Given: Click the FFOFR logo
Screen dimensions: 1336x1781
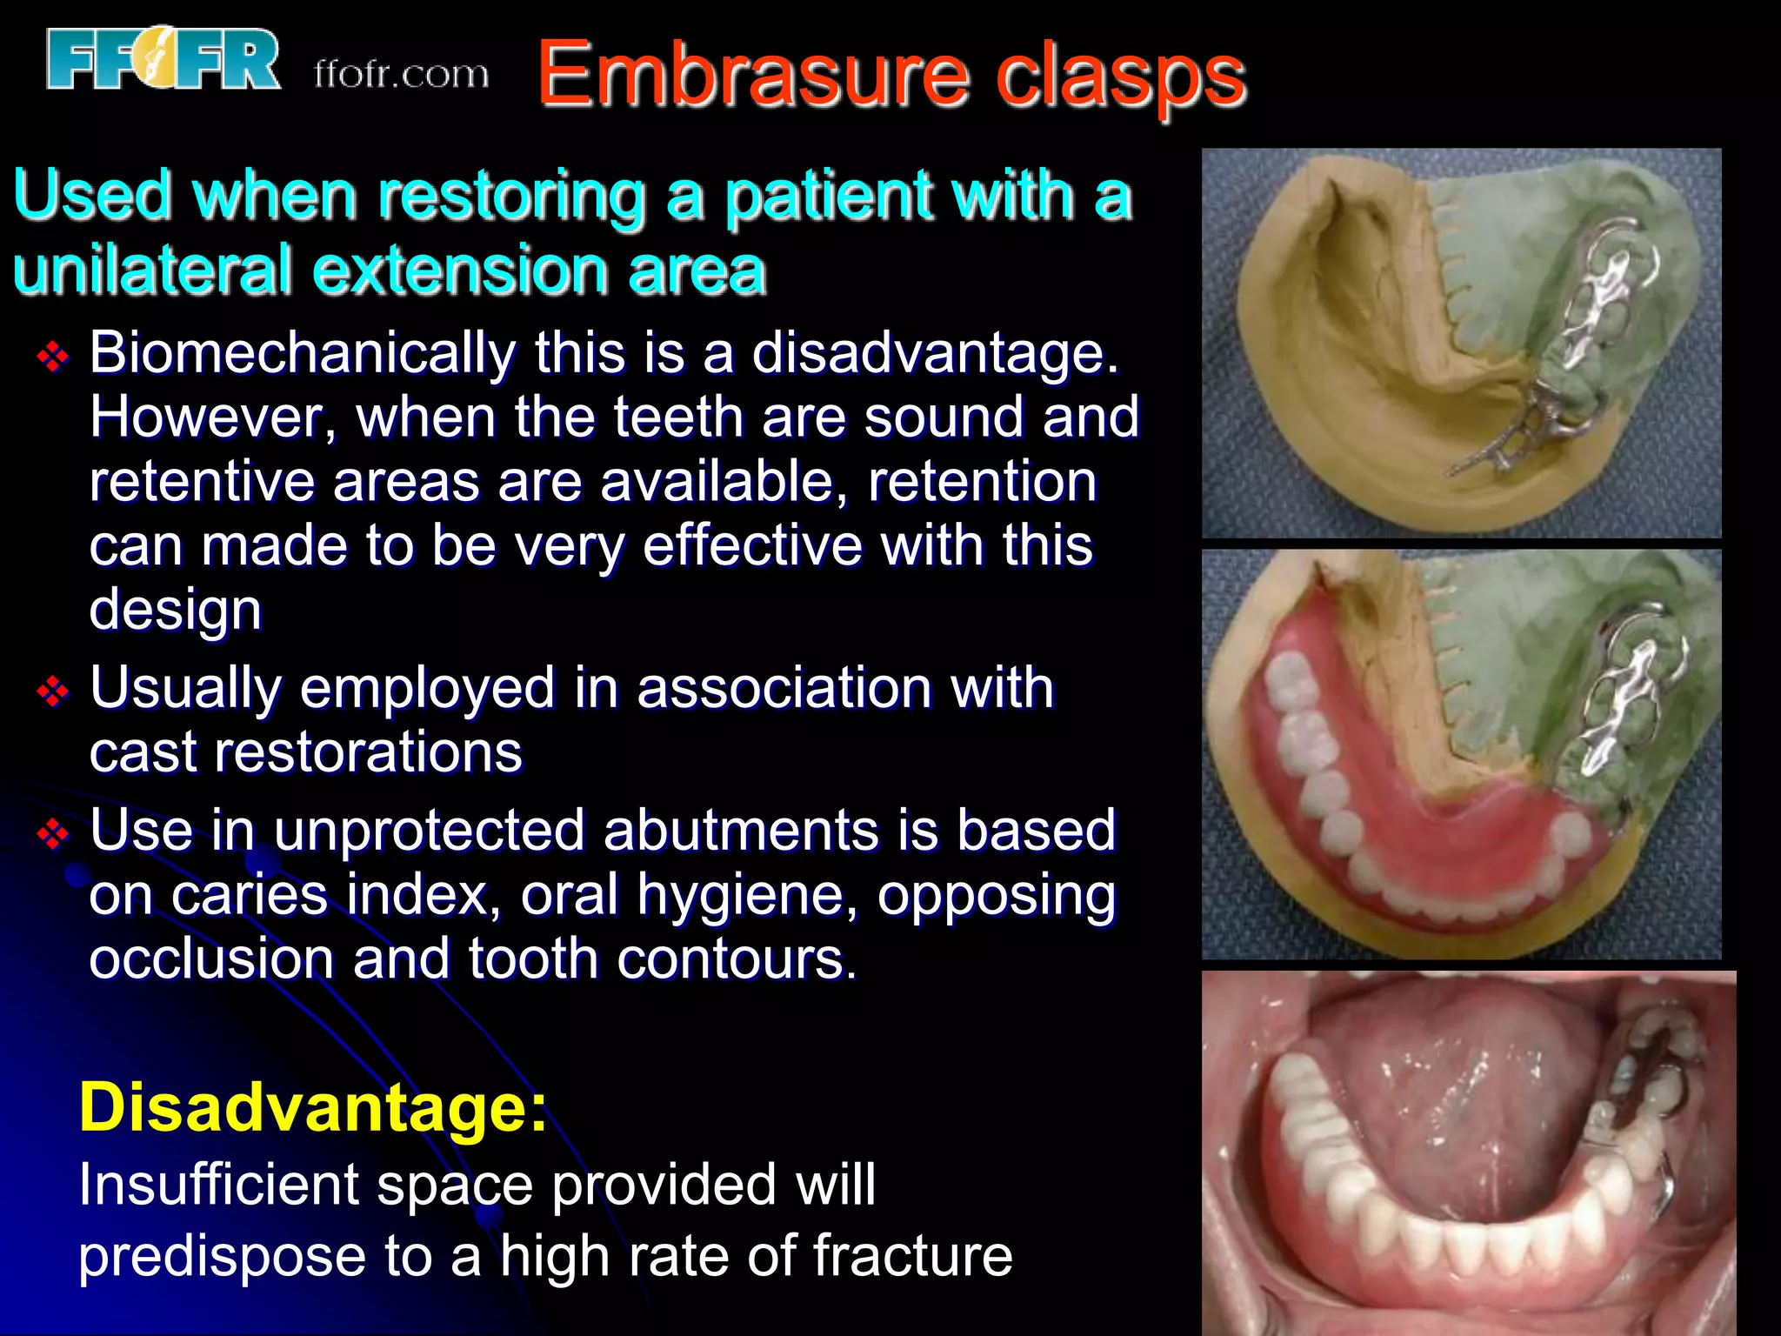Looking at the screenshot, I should (x=163, y=59).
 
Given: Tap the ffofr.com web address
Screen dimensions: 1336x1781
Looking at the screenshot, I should (x=401, y=75).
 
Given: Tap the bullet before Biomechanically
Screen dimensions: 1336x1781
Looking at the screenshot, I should (x=53, y=356).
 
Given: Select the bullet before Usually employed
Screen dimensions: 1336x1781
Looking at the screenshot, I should (x=53, y=691).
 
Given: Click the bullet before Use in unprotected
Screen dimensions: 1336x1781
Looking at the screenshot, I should (x=53, y=833).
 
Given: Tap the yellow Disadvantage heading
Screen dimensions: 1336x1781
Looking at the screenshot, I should (x=313, y=1107).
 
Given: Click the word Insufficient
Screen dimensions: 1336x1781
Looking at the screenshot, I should (x=218, y=1185).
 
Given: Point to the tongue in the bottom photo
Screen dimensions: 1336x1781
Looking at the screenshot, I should (x=1452, y=1105).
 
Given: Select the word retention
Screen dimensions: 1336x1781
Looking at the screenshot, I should (x=983, y=482).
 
